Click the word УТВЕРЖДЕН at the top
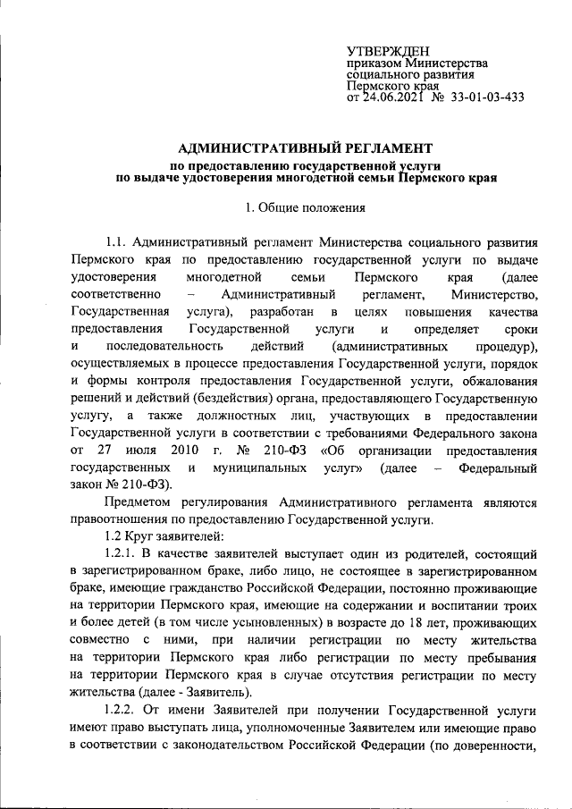point(388,53)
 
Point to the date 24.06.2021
point(389,97)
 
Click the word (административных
point(388,345)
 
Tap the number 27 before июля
point(105,451)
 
